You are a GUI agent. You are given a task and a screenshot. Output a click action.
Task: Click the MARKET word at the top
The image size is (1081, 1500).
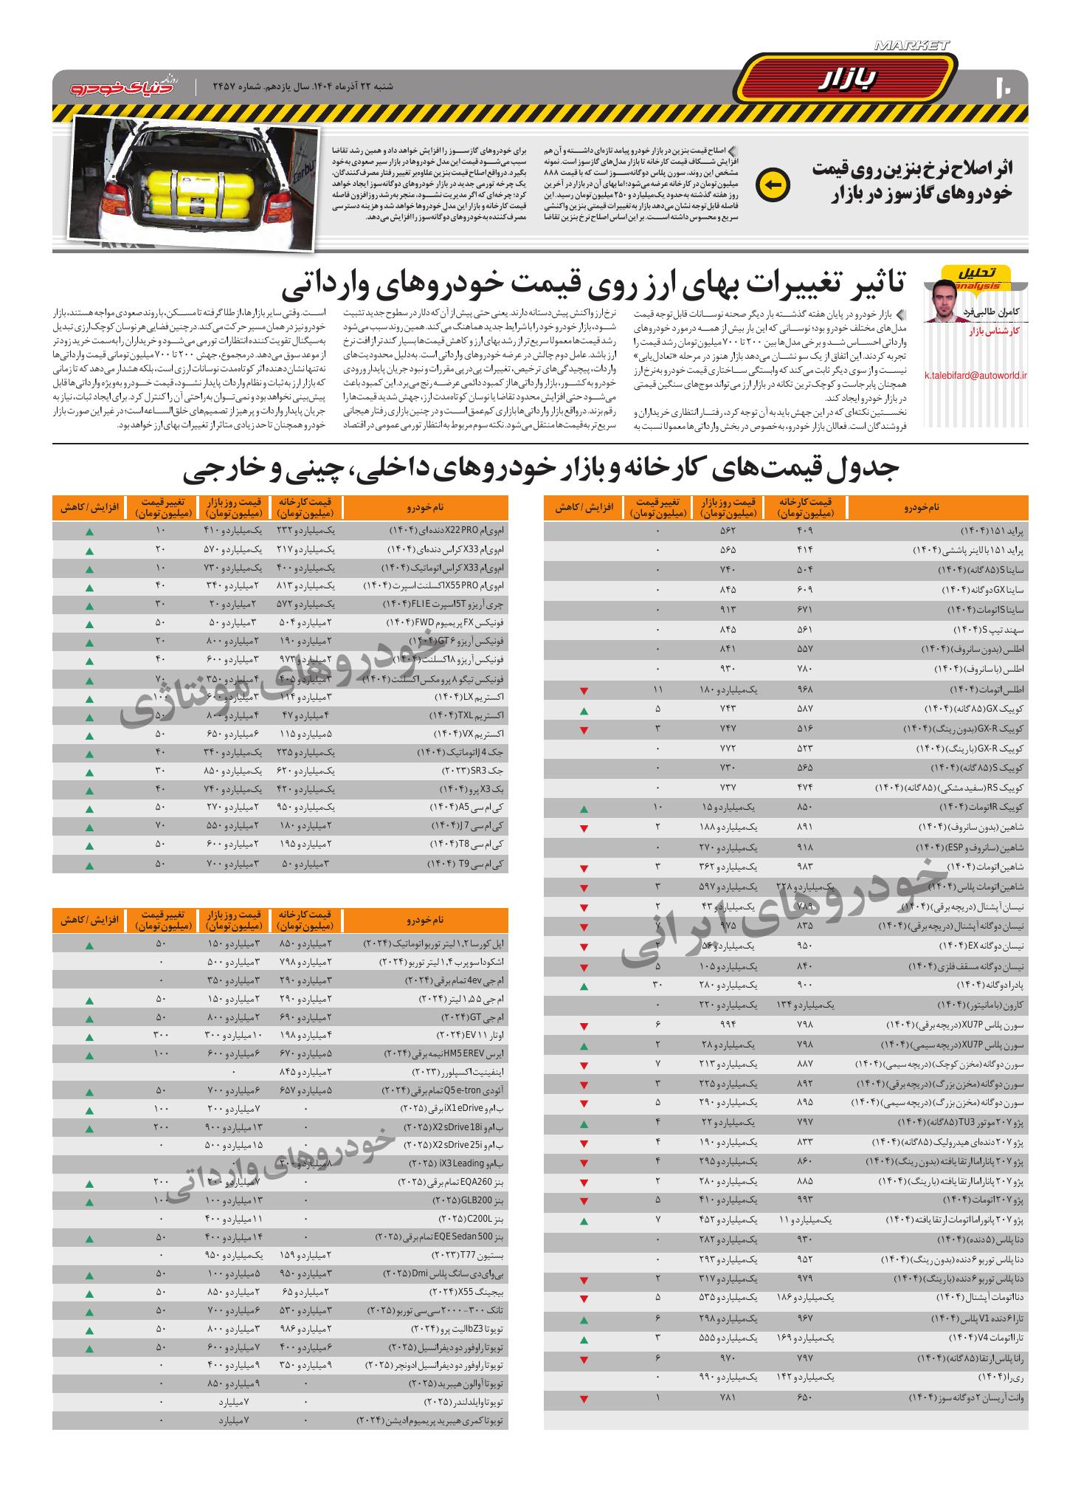911,46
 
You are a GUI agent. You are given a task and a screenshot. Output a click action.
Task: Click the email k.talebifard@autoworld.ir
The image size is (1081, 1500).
975,375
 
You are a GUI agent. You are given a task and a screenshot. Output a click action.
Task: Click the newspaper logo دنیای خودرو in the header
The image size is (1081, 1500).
124,86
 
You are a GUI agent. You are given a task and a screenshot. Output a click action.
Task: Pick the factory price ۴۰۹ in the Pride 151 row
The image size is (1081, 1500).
805,531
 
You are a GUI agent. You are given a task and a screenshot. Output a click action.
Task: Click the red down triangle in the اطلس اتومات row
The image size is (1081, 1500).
584,690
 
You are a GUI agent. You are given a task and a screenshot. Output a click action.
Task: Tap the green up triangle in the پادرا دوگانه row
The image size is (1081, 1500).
584,986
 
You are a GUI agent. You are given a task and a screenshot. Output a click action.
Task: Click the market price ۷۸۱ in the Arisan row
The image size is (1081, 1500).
728,1398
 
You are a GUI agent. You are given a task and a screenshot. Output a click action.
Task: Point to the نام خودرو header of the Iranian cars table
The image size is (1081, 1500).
937,508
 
